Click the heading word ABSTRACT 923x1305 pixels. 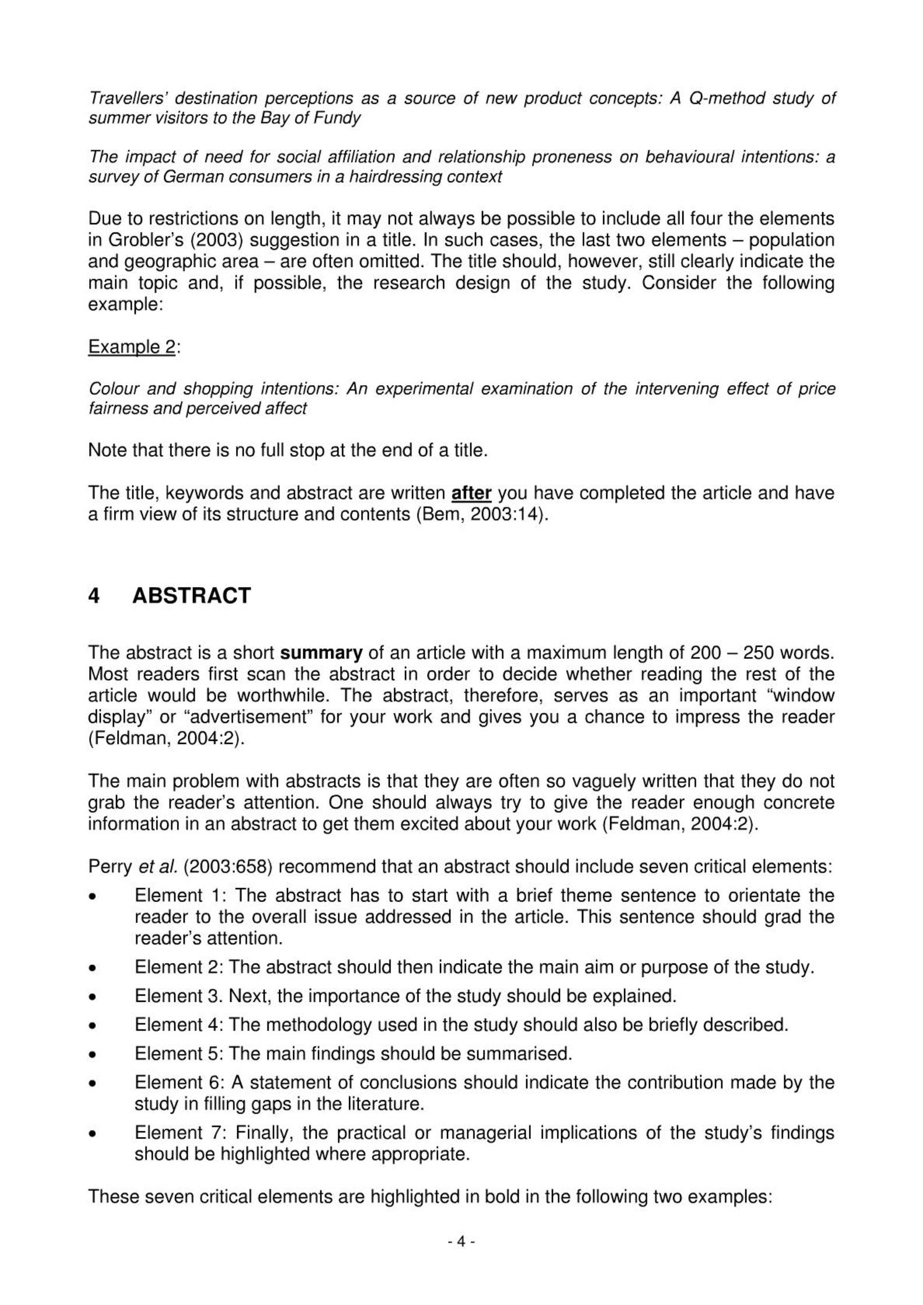(191, 595)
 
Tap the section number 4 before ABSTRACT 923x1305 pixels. (94, 595)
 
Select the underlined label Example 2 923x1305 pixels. (132, 347)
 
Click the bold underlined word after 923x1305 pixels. (471, 493)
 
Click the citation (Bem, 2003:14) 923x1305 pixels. (482, 514)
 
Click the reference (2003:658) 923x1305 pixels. (228, 867)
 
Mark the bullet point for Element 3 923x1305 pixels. (92, 997)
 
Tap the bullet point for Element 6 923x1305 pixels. (92, 1083)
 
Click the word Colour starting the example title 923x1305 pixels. (113, 389)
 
